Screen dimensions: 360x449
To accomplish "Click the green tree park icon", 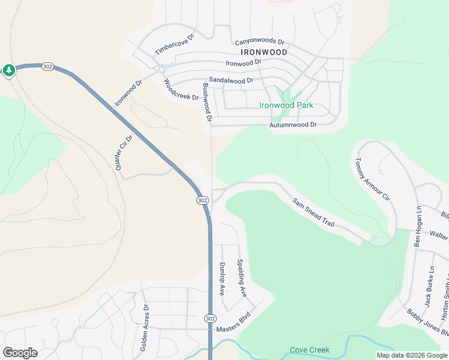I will tap(9, 71).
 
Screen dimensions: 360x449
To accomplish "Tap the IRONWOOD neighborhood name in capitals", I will tap(261, 52).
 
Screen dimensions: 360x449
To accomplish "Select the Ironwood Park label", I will tap(286, 105).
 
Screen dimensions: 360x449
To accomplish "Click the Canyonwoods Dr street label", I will tap(259, 41).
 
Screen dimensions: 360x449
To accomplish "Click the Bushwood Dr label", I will tap(207, 103).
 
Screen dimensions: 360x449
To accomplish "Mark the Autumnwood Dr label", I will tap(293, 125).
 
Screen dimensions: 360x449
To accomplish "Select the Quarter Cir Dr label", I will tap(124, 152).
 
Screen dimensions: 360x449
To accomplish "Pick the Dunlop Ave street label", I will tap(221, 279).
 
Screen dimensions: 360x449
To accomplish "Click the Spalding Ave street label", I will tap(241, 278).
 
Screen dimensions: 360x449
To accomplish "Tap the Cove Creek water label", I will tap(310, 350).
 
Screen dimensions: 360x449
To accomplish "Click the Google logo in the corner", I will tap(20, 353).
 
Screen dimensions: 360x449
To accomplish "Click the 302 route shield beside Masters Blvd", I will tap(209, 317).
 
